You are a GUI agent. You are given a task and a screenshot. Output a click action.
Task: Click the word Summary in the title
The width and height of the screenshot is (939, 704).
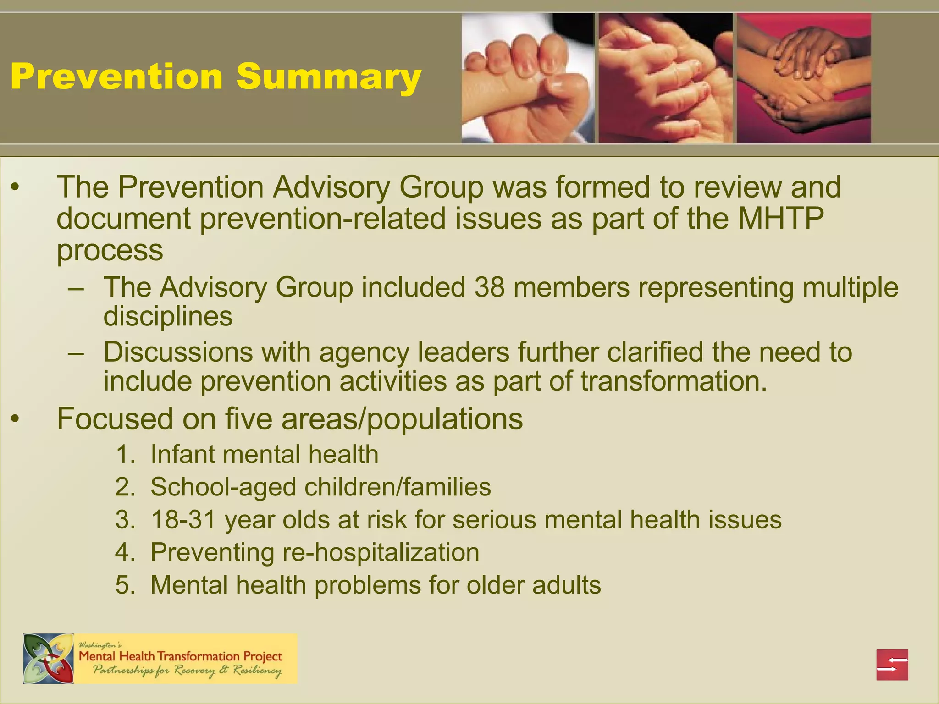tap(328, 77)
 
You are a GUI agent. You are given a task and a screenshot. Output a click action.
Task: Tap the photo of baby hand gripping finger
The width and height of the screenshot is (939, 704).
tap(527, 78)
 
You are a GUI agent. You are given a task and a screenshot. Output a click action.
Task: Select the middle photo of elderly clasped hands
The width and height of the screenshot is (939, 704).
tap(665, 78)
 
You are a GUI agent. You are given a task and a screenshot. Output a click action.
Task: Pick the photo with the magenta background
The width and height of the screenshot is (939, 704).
tap(804, 78)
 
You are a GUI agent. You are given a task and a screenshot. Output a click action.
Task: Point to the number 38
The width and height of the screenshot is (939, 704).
tap(489, 288)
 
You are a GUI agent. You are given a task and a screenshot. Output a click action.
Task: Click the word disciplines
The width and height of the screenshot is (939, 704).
tap(168, 316)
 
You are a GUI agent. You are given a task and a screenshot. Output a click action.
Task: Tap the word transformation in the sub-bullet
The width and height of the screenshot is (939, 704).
tap(674, 381)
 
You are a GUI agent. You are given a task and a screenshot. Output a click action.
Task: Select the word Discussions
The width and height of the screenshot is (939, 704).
tap(178, 352)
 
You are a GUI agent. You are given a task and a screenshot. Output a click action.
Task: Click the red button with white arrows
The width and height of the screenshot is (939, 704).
tap(892, 665)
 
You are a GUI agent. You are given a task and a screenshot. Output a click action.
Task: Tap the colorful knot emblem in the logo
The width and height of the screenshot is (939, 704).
tap(49, 659)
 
